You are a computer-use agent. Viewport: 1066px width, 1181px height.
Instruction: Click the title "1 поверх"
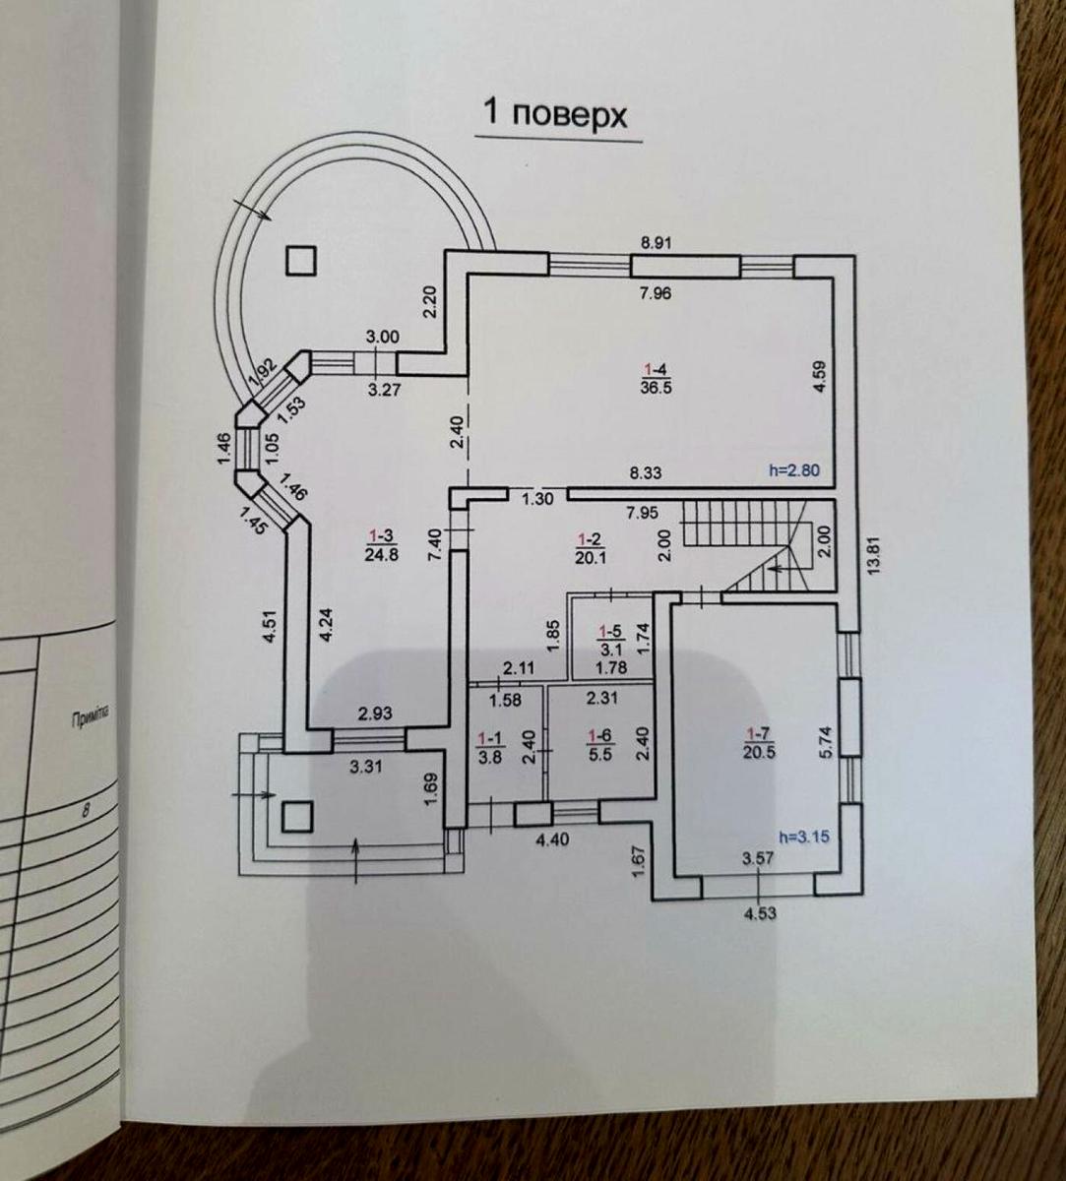(x=553, y=114)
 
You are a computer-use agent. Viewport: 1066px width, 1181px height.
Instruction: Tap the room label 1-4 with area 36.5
(x=651, y=378)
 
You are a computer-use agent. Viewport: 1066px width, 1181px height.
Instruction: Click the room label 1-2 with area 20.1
(x=589, y=547)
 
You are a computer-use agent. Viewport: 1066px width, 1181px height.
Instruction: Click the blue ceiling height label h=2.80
(x=793, y=471)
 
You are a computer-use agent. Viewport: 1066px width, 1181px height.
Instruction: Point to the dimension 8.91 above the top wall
(x=656, y=243)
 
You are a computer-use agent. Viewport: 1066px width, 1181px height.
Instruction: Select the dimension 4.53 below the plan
(x=758, y=911)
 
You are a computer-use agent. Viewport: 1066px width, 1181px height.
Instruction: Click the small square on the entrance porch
(x=297, y=816)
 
